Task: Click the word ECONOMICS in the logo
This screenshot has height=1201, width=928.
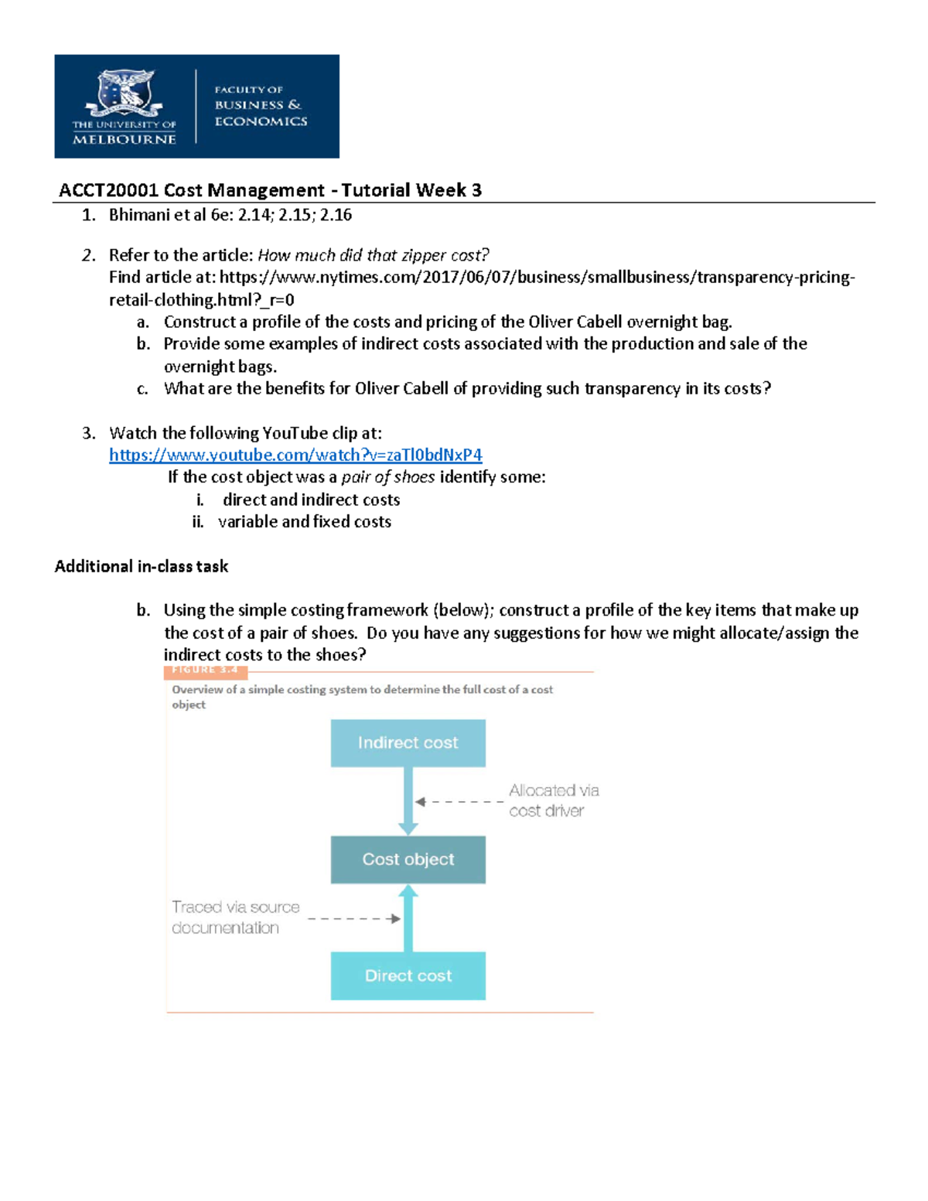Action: [261, 121]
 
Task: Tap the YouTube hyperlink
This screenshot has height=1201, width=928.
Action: [295, 455]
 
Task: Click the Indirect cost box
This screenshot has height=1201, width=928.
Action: [408, 743]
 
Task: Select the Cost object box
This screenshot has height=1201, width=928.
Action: [408, 859]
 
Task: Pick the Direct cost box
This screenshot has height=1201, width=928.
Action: [408, 976]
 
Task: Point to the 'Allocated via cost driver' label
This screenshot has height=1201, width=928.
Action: [553, 800]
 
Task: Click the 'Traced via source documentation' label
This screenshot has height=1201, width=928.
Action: [235, 917]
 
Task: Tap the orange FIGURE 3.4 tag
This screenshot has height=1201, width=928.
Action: [206, 670]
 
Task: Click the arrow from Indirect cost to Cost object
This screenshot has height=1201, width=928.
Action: [408, 801]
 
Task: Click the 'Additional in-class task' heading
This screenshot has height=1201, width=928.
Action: [142, 566]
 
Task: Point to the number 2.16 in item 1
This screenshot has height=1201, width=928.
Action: [336, 215]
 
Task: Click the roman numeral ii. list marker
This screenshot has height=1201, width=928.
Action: [198, 522]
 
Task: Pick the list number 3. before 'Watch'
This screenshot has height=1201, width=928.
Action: [89, 433]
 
